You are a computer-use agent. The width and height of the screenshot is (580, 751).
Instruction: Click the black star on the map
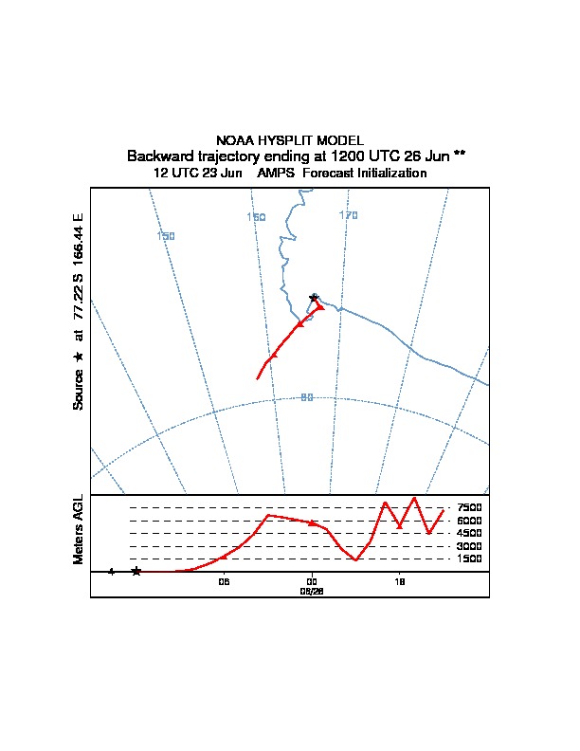pos(314,298)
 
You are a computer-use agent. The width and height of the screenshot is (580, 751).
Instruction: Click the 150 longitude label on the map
pos(166,236)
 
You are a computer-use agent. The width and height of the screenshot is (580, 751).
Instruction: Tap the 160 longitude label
pos(256,217)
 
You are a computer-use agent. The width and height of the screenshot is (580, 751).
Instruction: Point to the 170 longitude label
pos(349,216)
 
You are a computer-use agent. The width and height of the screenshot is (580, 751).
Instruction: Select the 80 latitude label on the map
pos(307,397)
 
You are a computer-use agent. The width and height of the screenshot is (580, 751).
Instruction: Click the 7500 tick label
pos(470,507)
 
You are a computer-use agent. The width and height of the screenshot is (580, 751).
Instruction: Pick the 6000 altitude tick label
pos(470,521)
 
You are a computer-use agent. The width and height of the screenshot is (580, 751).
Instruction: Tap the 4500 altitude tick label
pos(470,533)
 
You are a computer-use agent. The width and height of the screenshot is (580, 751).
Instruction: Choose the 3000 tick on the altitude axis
pos(470,546)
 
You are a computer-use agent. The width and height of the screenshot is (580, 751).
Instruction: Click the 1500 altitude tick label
pos(470,559)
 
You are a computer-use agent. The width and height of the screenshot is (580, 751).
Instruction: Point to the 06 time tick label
pos(224,582)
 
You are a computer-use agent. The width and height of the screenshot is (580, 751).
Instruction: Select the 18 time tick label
pos(400,582)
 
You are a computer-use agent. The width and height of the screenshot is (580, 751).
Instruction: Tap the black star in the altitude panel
pos(136,571)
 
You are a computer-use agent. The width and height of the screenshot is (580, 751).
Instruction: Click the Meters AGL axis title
pos(79,529)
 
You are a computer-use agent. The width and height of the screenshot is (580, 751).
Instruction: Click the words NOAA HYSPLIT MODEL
pos(290,140)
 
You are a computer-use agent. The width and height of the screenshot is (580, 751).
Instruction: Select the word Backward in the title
pos(157,156)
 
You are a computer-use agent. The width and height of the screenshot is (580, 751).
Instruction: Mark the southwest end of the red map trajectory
pos(258,379)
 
